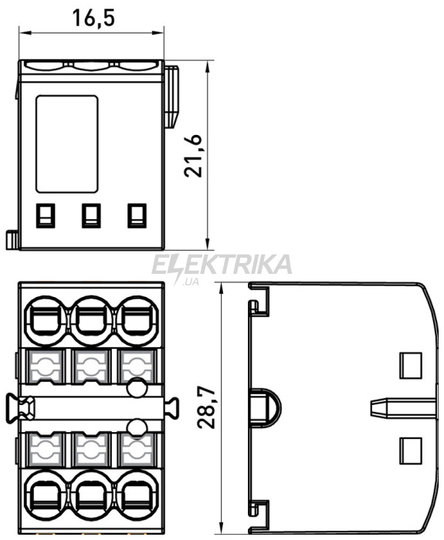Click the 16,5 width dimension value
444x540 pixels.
(93, 18)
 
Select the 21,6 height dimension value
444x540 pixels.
(193, 155)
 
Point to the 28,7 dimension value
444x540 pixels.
(206, 407)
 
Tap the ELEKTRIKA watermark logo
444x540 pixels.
(222, 266)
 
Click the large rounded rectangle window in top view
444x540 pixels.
(67, 143)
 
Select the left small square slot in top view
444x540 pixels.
(46, 215)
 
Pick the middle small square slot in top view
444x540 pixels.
(91, 215)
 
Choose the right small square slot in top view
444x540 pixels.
(137, 215)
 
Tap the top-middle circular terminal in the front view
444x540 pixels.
(91, 321)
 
